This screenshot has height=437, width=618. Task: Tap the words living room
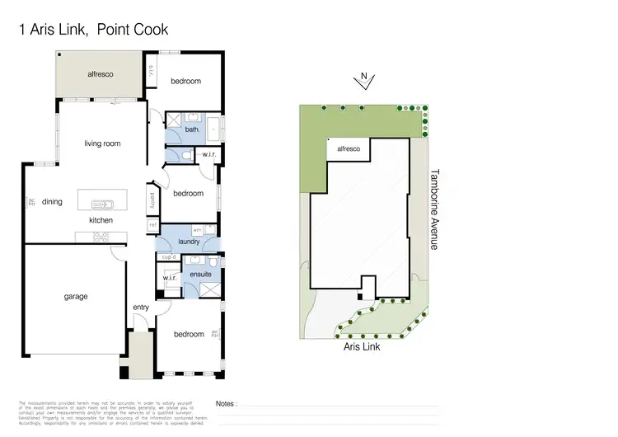pos(102,143)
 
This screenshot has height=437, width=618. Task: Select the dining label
pos(52,201)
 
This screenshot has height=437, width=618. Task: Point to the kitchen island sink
pos(102,201)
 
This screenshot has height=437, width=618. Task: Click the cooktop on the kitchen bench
pos(102,237)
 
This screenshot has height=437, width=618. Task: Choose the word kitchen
pos(101,221)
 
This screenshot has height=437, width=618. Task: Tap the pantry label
pos(152,200)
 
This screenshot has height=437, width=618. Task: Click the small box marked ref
pos(152,223)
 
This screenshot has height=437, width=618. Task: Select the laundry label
pos(190,242)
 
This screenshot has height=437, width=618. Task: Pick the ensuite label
pos(200,274)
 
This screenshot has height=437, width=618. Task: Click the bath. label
pos(192,129)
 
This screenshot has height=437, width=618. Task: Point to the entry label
pos(141,308)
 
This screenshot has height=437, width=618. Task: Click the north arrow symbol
pos(363,80)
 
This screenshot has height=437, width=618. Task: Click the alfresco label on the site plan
pos(345,149)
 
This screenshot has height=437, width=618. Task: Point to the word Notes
pos(226,404)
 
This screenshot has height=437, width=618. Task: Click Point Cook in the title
pos(133,30)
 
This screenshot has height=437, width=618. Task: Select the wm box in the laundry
pos(197,229)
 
